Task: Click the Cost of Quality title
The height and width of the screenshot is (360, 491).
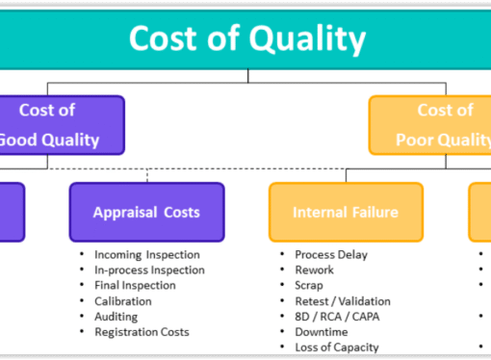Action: (247, 39)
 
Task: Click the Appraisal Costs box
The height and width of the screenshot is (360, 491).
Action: (146, 212)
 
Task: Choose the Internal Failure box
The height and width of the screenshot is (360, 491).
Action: (345, 212)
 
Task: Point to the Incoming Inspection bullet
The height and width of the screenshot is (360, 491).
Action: (146, 254)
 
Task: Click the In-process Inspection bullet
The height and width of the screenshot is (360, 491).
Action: (150, 270)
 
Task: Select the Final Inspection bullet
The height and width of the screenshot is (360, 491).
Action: (135, 285)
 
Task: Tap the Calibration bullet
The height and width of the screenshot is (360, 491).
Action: (122, 300)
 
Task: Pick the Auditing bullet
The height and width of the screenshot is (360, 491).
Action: (116, 316)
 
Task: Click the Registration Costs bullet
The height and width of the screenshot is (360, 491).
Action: (141, 331)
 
